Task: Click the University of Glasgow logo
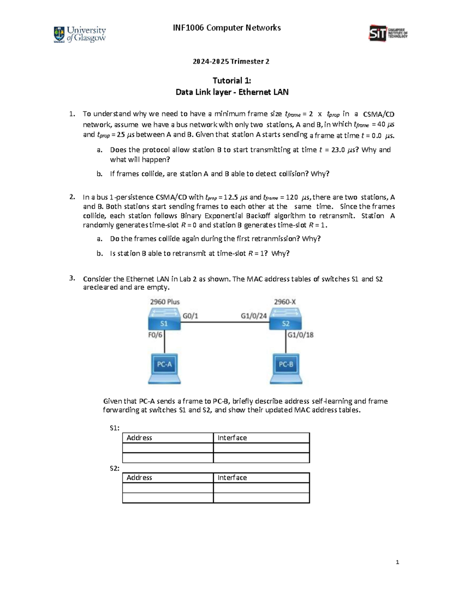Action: click(x=80, y=34)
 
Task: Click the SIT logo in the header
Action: click(x=388, y=34)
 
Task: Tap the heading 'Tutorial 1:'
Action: click(x=232, y=80)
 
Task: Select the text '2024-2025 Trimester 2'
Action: click(x=232, y=61)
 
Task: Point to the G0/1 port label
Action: click(x=190, y=316)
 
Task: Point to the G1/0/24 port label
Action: click(x=254, y=316)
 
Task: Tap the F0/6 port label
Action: click(x=155, y=335)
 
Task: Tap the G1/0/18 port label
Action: click(x=300, y=335)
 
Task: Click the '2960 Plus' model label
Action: click(x=165, y=302)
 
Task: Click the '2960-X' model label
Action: click(x=285, y=302)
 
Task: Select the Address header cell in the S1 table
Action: click(x=168, y=438)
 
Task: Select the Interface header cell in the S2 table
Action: click(x=261, y=478)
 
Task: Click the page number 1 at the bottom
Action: click(x=397, y=562)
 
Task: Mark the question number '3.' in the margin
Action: click(x=72, y=278)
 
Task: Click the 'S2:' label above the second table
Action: click(x=114, y=468)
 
